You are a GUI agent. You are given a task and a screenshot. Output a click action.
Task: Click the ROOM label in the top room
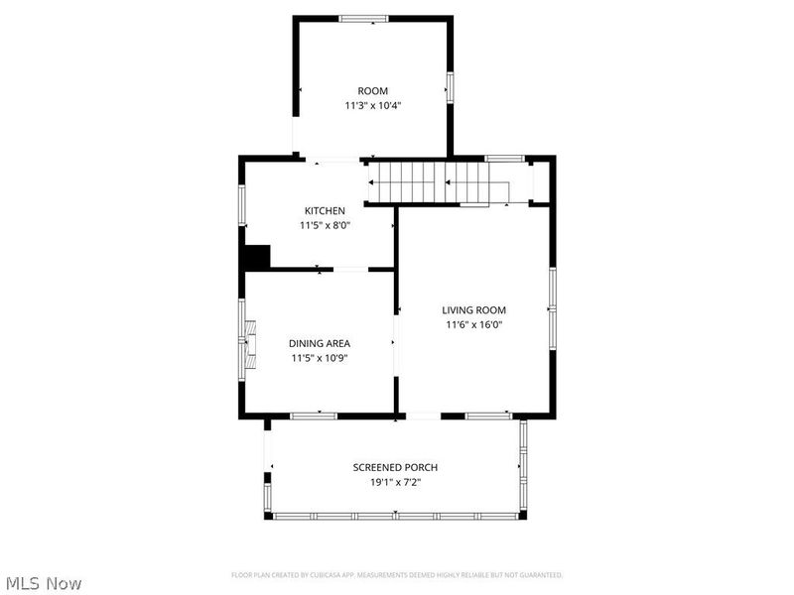click(x=373, y=91)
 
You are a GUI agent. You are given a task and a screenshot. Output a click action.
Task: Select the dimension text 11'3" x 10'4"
click(x=373, y=105)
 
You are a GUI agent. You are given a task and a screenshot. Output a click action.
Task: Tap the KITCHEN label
click(x=325, y=211)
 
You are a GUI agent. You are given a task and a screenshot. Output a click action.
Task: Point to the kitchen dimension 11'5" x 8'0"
click(x=325, y=225)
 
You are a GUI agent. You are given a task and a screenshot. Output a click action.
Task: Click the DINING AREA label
click(x=320, y=344)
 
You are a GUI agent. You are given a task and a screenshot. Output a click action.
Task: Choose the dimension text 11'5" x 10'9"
click(x=320, y=358)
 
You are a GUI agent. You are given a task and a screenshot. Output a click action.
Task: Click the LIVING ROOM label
click(x=474, y=310)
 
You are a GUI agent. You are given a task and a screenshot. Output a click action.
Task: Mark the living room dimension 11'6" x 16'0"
click(x=474, y=324)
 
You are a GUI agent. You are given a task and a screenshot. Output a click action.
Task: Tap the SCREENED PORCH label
click(x=395, y=468)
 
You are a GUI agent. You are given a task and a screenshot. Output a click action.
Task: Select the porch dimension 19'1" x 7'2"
click(x=395, y=482)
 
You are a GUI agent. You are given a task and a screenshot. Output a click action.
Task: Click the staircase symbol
click(x=437, y=182)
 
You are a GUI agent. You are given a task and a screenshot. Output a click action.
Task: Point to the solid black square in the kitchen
click(x=257, y=257)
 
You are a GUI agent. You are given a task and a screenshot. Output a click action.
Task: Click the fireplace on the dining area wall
click(x=249, y=344)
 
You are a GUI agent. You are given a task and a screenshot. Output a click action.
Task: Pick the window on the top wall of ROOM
click(x=363, y=18)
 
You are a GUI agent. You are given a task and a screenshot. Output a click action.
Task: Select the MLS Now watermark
click(x=43, y=584)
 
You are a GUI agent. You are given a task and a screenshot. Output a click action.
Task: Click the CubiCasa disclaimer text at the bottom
click(x=397, y=575)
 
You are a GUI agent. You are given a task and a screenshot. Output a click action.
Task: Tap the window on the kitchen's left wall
click(x=241, y=203)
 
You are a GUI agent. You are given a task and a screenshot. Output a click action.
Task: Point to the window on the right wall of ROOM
click(x=451, y=87)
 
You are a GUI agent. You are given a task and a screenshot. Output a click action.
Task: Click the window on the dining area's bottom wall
click(x=313, y=416)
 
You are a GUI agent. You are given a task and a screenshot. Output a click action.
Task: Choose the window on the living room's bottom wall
click(x=488, y=416)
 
